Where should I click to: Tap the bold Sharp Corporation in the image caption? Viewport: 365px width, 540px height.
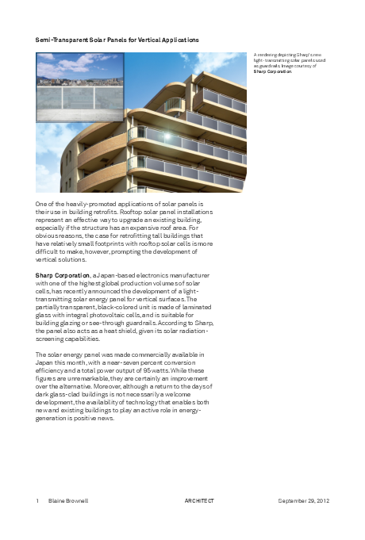(x=272, y=71)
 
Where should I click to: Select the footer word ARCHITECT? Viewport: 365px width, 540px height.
(x=199, y=501)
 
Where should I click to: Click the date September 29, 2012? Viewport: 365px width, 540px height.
(x=303, y=501)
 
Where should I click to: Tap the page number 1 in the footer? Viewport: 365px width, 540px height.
(x=37, y=501)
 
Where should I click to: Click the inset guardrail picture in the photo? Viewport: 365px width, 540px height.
(x=80, y=86)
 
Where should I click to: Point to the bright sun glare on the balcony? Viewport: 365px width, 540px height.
(x=167, y=136)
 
